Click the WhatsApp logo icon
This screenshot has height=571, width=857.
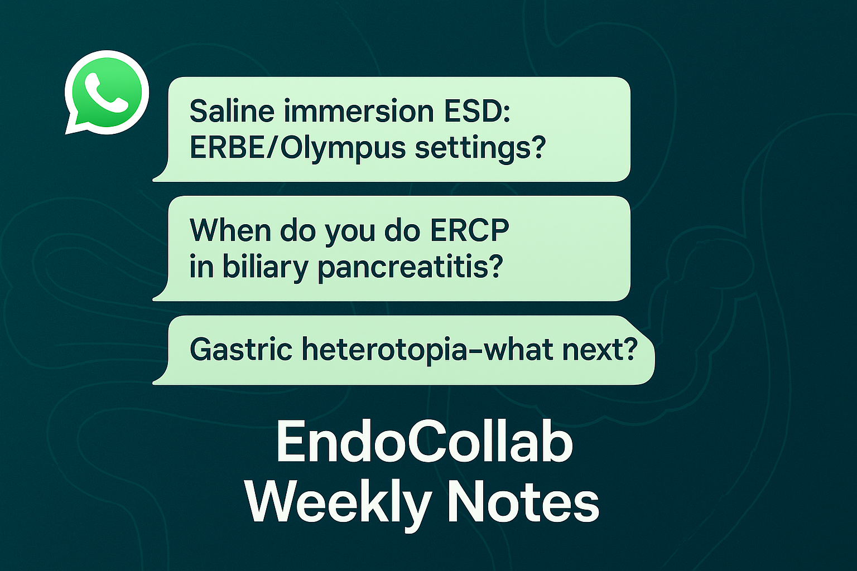(x=107, y=92)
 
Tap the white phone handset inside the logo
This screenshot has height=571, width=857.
(x=106, y=93)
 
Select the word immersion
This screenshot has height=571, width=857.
(x=359, y=111)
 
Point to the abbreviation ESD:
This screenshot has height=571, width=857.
(x=477, y=111)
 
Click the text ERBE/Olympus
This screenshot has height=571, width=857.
(x=297, y=148)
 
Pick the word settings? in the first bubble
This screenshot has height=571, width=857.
(x=480, y=148)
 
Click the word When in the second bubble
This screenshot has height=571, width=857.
(x=230, y=230)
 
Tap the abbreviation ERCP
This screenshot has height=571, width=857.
(x=470, y=230)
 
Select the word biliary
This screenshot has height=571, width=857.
(x=266, y=267)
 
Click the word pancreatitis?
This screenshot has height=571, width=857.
(x=410, y=267)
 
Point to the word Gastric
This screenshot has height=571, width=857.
(x=241, y=349)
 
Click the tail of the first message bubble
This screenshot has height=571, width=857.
(x=161, y=174)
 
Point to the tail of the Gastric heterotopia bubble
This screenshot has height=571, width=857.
(x=161, y=377)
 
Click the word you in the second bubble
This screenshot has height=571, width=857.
(x=350, y=233)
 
